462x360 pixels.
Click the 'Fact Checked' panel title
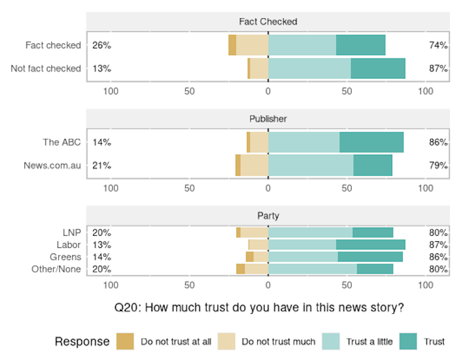tap(268, 21)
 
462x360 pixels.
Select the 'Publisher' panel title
tap(268, 119)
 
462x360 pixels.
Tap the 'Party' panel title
tap(268, 216)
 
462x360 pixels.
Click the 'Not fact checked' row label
tap(46, 69)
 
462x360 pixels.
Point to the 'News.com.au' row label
tap(52, 165)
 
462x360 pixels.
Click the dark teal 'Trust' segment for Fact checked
tap(360, 45)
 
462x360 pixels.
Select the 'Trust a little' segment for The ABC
tap(304, 142)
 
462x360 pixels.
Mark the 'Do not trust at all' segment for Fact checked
tap(232, 45)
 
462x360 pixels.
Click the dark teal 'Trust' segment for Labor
tap(370, 245)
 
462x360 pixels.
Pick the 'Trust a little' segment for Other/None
tap(312, 269)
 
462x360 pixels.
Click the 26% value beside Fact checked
tap(102, 45)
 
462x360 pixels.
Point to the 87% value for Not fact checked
tap(438, 69)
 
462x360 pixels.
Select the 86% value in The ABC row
tap(438, 142)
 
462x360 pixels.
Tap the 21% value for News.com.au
tap(102, 165)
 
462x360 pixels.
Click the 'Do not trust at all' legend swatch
tap(125, 341)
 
